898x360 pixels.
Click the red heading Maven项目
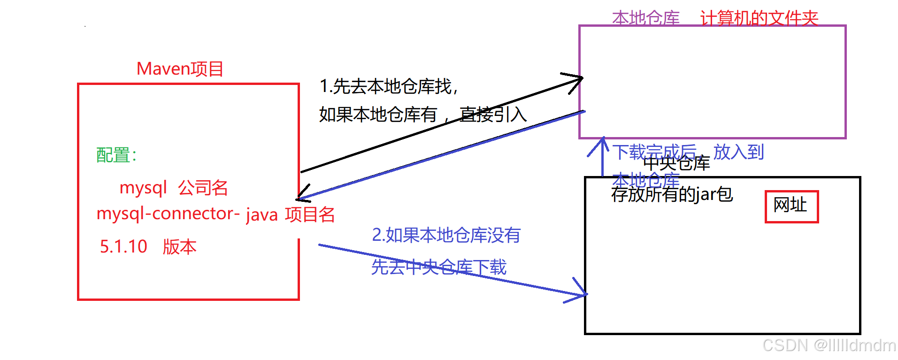click(x=180, y=69)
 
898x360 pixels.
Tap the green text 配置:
click(x=116, y=155)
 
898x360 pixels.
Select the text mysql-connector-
click(x=168, y=214)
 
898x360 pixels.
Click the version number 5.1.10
click(x=123, y=246)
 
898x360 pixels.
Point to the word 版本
click(x=179, y=247)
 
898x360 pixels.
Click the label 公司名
click(x=203, y=188)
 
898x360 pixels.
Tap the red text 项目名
click(x=310, y=214)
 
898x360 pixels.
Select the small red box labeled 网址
click(x=791, y=206)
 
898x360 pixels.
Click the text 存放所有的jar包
click(x=672, y=194)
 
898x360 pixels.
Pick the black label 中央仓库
click(x=676, y=163)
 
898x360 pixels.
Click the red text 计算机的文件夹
click(x=759, y=18)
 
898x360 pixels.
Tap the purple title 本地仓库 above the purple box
click(x=646, y=18)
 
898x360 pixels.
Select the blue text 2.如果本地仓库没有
click(x=446, y=235)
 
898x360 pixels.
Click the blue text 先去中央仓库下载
click(x=439, y=267)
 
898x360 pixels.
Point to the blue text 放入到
click(x=738, y=152)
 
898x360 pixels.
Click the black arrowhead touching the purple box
click(x=577, y=80)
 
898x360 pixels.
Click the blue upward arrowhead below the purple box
click(x=603, y=143)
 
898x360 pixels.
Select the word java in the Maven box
click(x=262, y=215)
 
